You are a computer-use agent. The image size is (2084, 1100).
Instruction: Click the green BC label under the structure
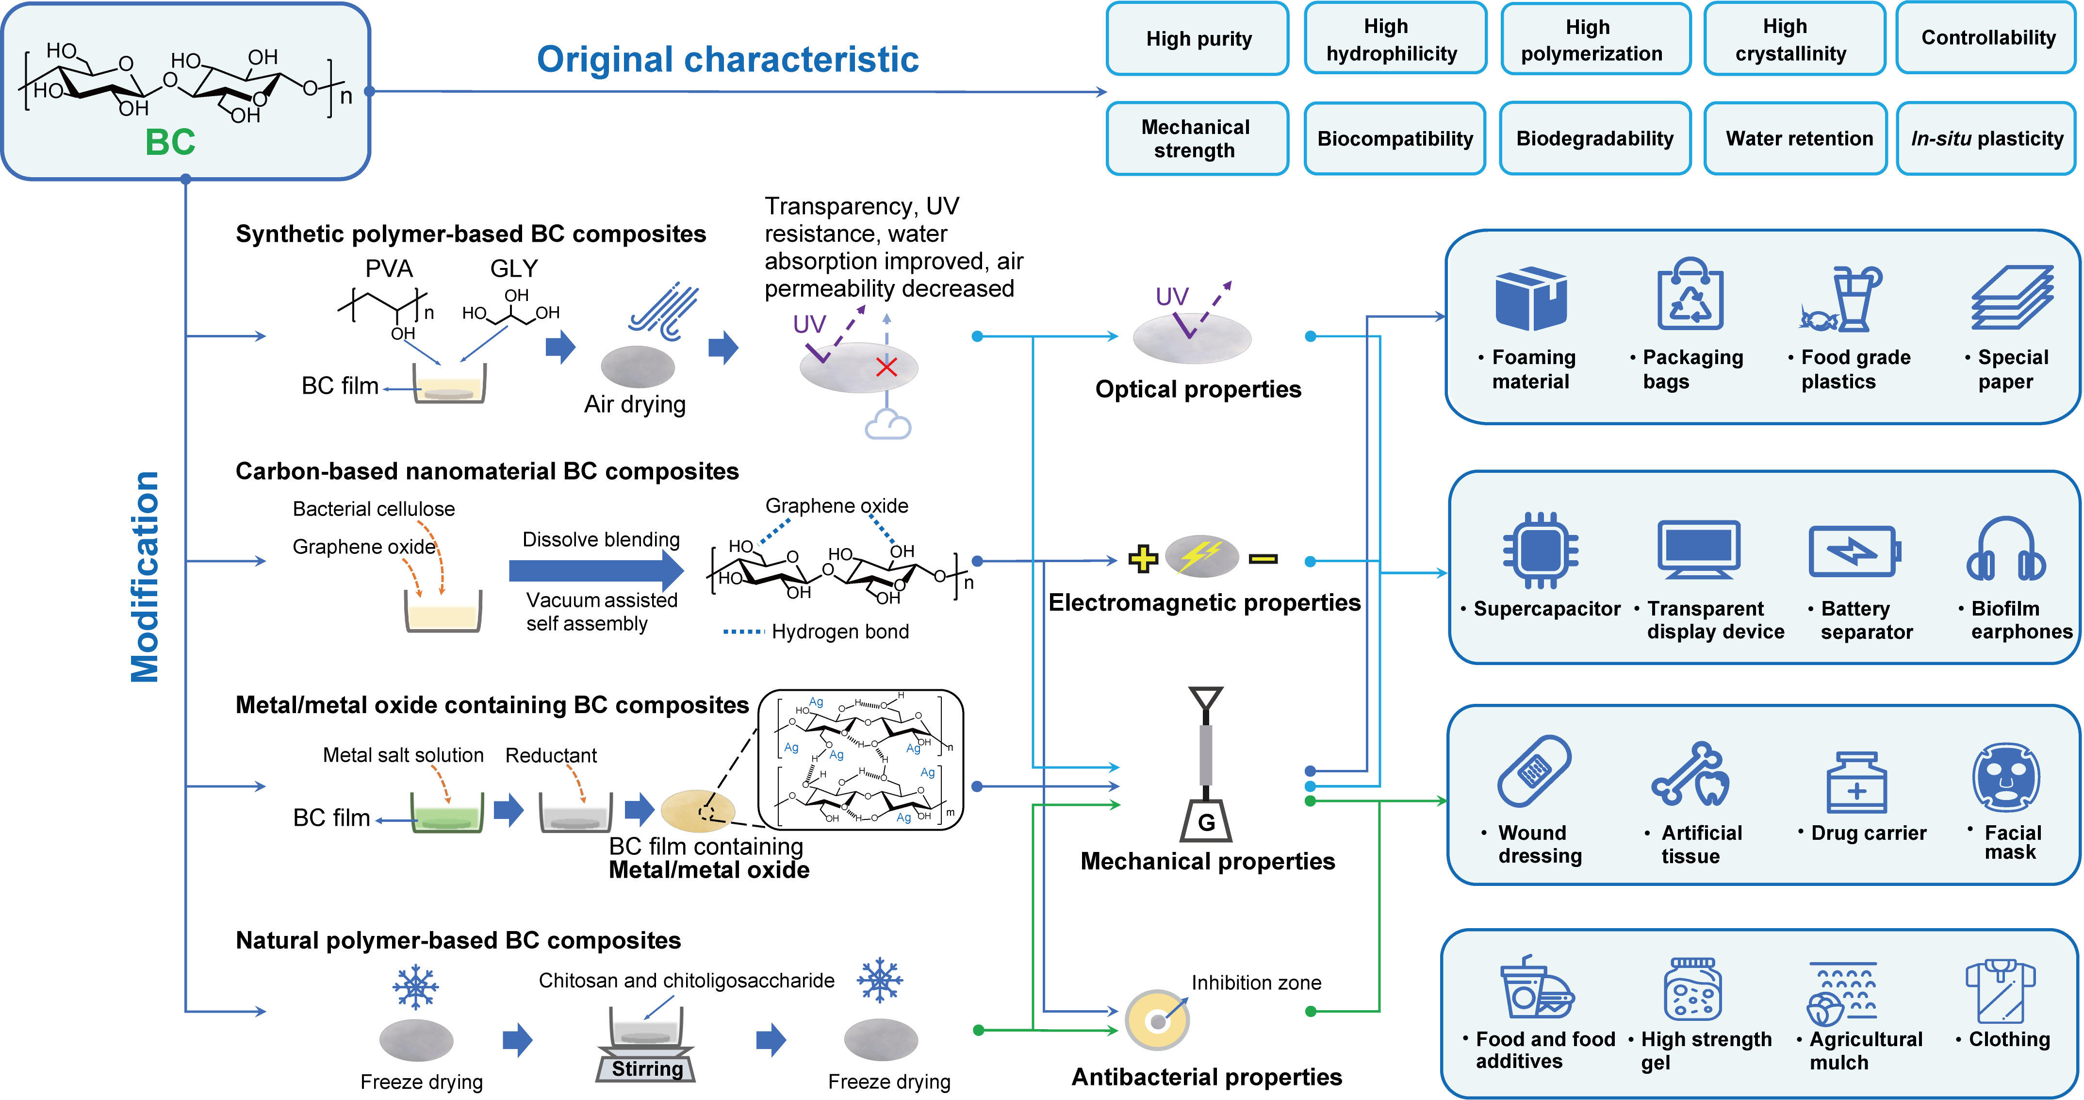(170, 142)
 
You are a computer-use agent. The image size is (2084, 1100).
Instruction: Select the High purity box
(1198, 39)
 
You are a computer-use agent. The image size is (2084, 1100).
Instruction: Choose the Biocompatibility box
(1395, 138)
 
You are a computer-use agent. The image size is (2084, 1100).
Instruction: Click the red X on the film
(886, 367)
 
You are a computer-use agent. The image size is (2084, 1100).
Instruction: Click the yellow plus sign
(1142, 559)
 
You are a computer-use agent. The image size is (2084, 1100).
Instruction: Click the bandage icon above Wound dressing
(1534, 770)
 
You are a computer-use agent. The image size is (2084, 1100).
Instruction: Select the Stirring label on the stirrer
(647, 1068)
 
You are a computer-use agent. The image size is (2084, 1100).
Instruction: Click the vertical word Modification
(146, 576)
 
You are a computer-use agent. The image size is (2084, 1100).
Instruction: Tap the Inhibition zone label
(1256, 983)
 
